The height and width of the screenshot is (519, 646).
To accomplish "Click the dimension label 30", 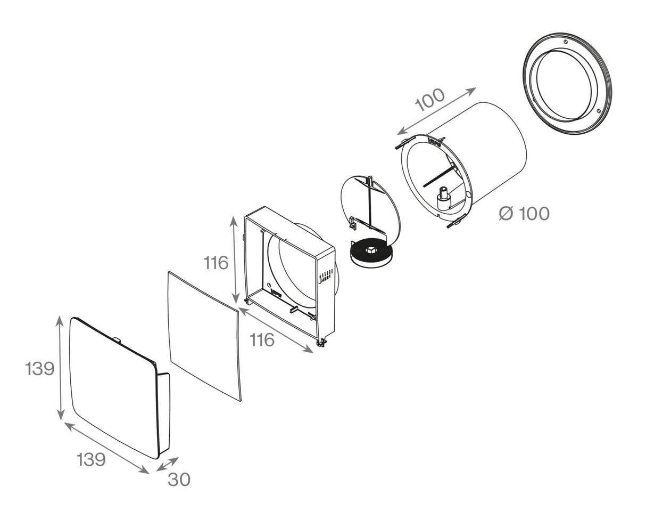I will [x=179, y=480].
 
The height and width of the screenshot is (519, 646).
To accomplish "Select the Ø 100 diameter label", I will [x=524, y=214].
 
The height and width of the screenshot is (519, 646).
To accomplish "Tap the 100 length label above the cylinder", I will [x=430, y=99].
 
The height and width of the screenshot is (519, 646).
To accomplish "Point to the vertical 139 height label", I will [x=40, y=368].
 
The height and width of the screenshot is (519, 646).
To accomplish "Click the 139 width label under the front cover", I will [x=91, y=459].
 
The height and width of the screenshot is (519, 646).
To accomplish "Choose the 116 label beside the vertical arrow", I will [x=216, y=263].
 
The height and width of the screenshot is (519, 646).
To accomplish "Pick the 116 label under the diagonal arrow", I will [x=262, y=339].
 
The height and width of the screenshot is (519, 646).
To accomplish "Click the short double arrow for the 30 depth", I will [x=168, y=464].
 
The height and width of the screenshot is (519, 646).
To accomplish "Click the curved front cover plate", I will [x=113, y=386].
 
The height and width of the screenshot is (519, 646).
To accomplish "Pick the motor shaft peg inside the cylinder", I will [x=443, y=199].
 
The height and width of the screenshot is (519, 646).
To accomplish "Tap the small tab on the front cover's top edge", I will [x=117, y=339].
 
